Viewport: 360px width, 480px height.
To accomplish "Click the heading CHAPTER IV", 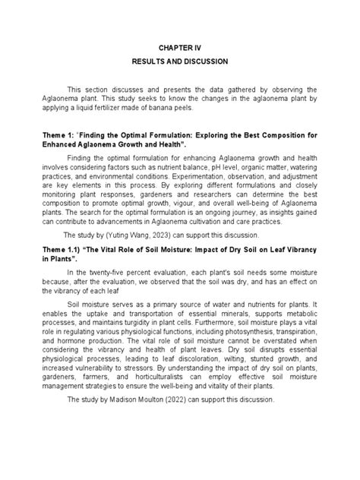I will (x=180, y=47).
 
